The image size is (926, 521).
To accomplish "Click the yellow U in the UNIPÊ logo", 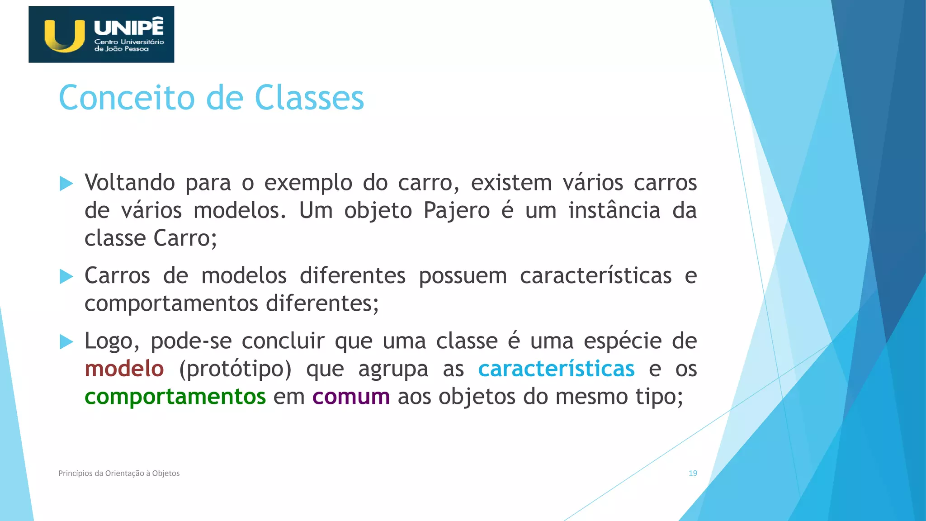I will click(x=65, y=36).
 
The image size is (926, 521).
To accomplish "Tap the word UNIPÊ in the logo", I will click(x=129, y=27).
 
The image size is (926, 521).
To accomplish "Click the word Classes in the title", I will click(x=309, y=98).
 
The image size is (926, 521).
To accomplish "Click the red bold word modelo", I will click(x=124, y=369).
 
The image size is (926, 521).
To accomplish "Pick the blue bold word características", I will click(x=556, y=369).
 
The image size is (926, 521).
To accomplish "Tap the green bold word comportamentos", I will click(x=175, y=397).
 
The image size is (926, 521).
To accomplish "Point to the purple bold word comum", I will click(x=351, y=397).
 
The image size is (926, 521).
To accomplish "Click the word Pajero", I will click(x=457, y=211).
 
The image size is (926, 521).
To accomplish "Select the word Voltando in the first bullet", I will click(x=130, y=183).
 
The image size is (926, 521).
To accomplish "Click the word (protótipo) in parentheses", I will click(x=235, y=369).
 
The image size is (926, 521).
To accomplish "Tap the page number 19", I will click(x=693, y=474).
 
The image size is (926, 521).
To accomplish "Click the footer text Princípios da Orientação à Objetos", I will click(x=119, y=474).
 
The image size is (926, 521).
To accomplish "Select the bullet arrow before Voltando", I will click(x=66, y=184).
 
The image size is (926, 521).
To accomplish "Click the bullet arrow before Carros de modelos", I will click(x=66, y=276).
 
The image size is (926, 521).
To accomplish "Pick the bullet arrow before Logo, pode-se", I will click(x=66, y=342).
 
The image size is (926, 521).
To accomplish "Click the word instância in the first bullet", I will click(x=614, y=211).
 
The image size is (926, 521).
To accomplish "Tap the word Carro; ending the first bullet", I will click(x=185, y=238).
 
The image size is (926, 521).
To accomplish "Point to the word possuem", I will click(x=463, y=276).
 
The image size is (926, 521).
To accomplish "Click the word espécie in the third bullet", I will click(x=623, y=341).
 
